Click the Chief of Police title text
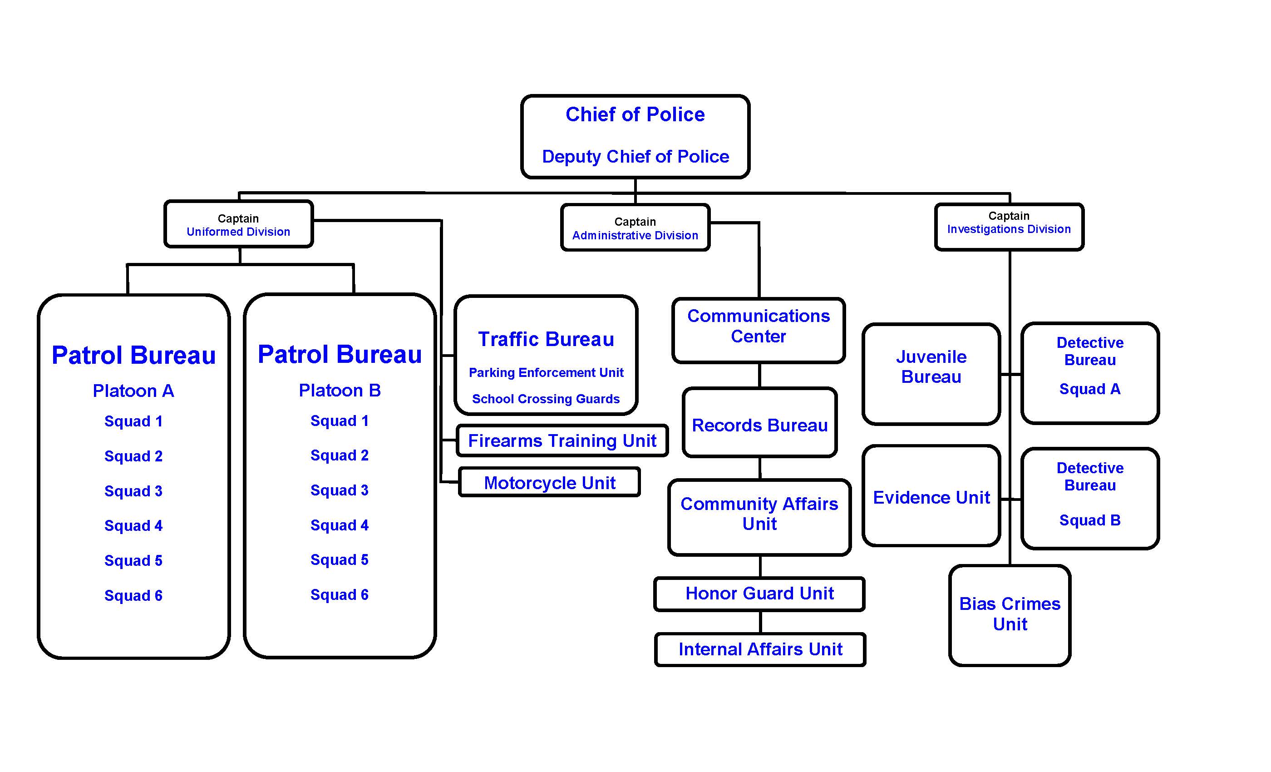coord(635,114)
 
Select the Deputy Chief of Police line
coord(635,156)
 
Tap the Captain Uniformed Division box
coord(238,224)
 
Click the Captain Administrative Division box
coord(635,228)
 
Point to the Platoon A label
coord(133,391)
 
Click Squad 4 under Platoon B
coord(340,525)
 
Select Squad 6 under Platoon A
coord(133,595)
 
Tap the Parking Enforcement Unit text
coord(546,372)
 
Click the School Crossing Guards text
coord(546,399)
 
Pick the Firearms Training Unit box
coord(562,440)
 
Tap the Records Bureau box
coord(759,425)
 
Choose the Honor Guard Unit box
coord(759,594)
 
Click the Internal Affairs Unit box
coord(760,649)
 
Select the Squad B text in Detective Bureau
coord(1089,520)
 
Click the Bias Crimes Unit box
coord(1010,614)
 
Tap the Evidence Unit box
coord(931,497)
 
